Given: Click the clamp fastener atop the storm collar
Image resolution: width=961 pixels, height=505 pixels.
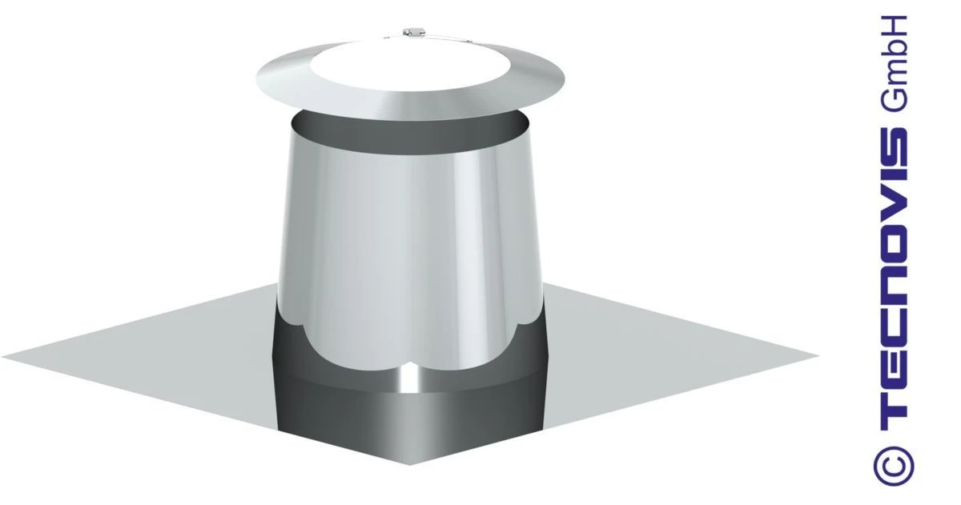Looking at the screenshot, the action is [x=413, y=32].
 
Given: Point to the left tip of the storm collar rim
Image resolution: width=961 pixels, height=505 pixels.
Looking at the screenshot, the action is [x=256, y=82].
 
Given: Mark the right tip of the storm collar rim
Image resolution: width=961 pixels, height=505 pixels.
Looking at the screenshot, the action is [x=564, y=82].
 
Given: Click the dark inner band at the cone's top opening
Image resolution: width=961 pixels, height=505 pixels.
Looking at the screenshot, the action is [x=410, y=137].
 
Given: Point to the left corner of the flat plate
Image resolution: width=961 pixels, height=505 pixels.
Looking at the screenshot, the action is [x=2, y=356].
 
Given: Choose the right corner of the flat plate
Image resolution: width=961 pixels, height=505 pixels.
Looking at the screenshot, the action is [x=818, y=356].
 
